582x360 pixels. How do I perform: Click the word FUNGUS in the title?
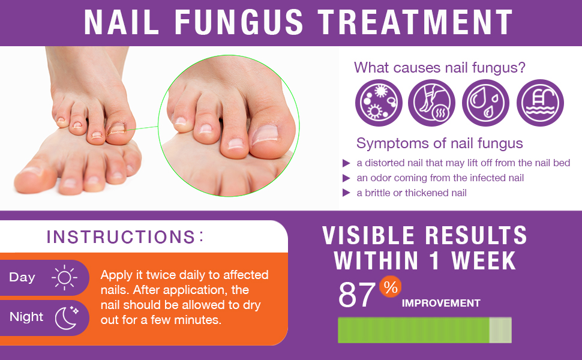[239, 22]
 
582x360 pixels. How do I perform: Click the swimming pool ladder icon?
[540, 103]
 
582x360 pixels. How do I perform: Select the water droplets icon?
[485, 103]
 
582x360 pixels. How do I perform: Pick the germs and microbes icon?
[379, 103]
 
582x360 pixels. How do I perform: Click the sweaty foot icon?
[432, 103]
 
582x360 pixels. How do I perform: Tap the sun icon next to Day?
[64, 278]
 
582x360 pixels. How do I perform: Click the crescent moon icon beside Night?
[66, 317]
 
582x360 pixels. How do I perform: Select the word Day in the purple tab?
[22, 277]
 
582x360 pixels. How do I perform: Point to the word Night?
[26, 317]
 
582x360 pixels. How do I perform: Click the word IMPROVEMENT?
[441, 304]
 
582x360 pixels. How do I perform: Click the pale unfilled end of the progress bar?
[500, 330]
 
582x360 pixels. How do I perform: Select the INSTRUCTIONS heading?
[121, 237]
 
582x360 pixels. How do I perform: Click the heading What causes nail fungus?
[440, 68]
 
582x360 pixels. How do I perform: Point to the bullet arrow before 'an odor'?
[346, 178]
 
